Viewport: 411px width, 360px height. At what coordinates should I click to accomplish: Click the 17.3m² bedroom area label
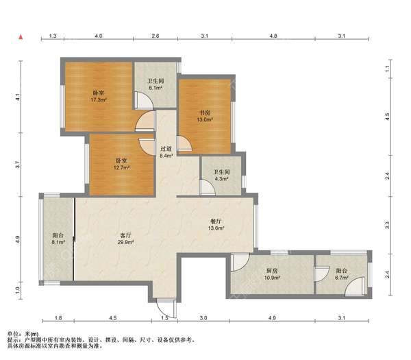[98, 96]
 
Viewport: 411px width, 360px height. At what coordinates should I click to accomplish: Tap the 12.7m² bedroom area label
[122, 164]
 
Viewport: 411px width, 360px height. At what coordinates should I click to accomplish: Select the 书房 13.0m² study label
[205, 117]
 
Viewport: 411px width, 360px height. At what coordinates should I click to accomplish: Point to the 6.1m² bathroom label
[155, 84]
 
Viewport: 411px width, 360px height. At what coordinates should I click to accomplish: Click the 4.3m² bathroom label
[221, 176]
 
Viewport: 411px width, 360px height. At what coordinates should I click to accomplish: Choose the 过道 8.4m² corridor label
[166, 152]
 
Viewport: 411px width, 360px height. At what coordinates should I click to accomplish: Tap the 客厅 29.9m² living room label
[125, 239]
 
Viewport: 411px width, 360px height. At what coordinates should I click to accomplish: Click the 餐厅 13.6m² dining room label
[216, 225]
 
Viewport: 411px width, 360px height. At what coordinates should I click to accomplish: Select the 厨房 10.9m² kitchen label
[272, 274]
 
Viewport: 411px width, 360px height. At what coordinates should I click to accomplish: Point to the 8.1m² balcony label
[58, 239]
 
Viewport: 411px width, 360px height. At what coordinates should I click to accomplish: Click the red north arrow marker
[21, 37]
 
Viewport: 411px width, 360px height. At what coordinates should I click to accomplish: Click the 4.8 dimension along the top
[273, 36]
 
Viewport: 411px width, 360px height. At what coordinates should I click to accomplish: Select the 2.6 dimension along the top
[155, 36]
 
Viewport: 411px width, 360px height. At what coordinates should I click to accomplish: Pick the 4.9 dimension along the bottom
[272, 318]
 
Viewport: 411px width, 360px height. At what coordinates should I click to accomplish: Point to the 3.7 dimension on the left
[18, 165]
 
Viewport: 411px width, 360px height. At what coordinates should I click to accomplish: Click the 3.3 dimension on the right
[387, 225]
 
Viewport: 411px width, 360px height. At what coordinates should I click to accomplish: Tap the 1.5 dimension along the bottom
[164, 318]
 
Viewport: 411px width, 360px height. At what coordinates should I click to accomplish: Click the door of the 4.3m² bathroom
[208, 187]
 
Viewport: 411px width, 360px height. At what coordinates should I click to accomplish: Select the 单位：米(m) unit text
[23, 335]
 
